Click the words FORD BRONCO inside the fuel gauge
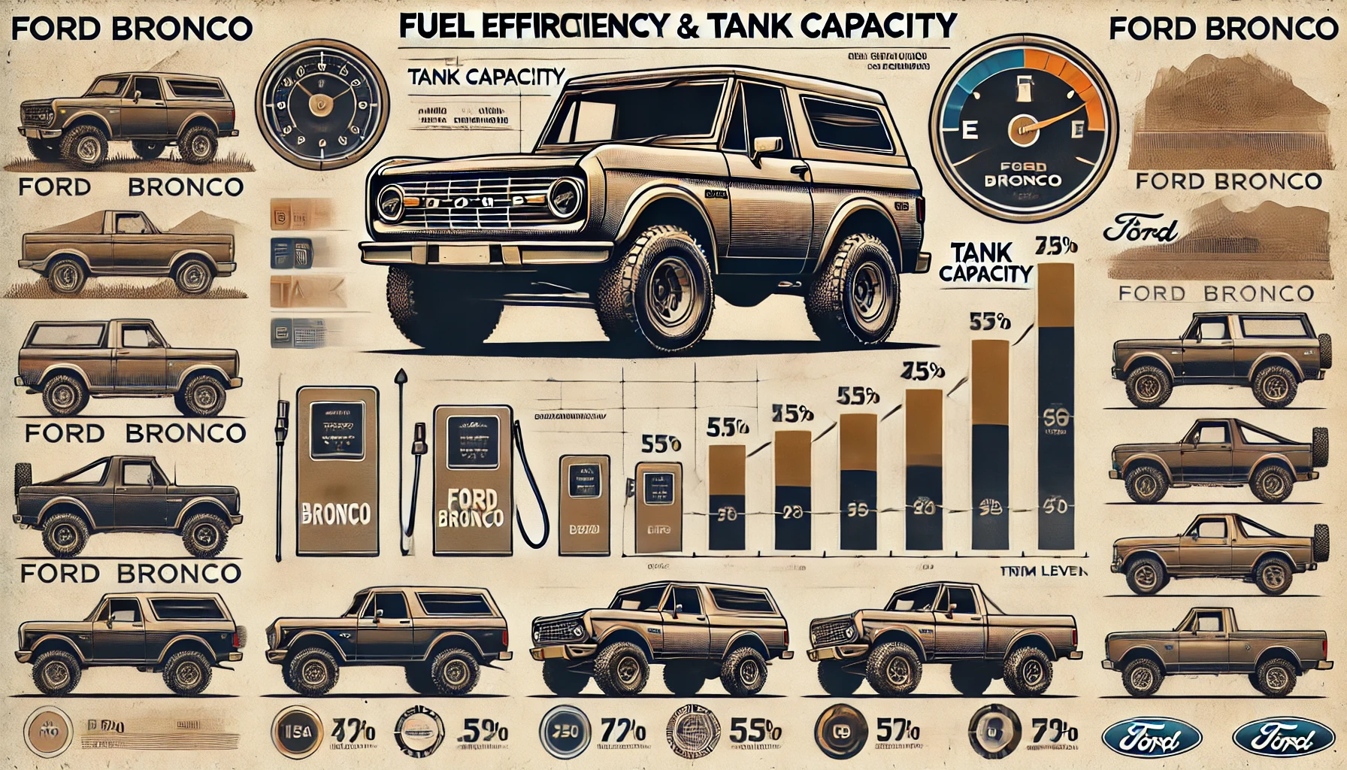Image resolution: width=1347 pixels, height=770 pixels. click(x=1023, y=173)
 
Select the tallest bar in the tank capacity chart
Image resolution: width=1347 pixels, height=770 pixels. click(x=1055, y=406)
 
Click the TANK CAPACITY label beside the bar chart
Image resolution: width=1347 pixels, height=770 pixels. click(x=984, y=262)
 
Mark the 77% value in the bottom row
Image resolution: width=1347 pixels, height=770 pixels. click(x=622, y=730)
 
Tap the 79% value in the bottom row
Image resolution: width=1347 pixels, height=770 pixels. click(x=1054, y=730)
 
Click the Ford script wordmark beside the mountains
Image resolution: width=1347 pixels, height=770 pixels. click(x=1140, y=231)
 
